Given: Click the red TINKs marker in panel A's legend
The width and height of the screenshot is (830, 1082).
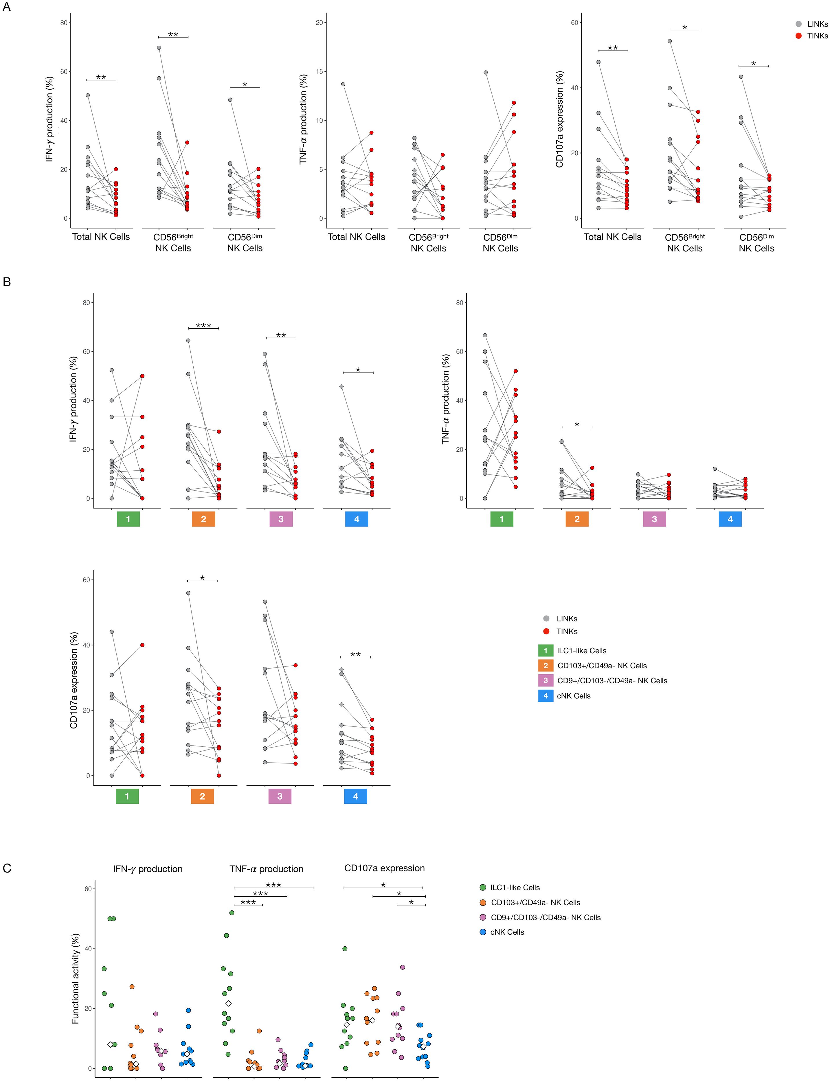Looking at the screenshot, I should [798, 36].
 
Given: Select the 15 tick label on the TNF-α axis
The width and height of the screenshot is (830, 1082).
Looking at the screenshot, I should [319, 72].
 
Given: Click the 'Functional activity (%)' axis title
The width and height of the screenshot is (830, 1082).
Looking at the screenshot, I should [76, 978].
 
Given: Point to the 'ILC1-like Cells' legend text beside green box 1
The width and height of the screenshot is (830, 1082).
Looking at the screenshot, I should [581, 650].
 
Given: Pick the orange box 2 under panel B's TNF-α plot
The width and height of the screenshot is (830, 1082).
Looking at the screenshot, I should [577, 519].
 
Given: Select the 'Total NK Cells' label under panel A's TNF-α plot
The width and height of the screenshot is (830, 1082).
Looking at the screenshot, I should [356, 237].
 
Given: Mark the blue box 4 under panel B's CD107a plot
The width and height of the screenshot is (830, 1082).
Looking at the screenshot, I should [356, 796].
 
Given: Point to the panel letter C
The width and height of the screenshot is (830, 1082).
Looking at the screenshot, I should [7, 868].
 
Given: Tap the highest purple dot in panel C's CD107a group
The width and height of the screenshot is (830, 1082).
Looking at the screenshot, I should [402, 967].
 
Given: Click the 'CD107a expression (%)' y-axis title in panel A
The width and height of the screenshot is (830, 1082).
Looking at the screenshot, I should [560, 119].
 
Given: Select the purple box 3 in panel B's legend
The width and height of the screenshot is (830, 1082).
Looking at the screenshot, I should [546, 680].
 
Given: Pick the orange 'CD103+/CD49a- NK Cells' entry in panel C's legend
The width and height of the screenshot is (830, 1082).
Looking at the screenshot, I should [535, 902].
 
